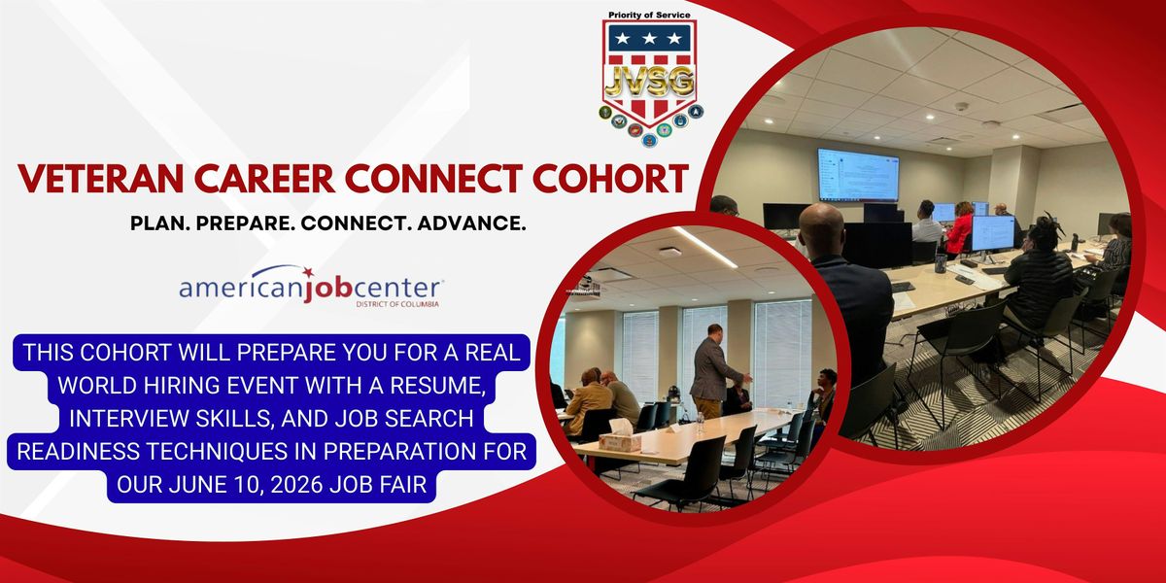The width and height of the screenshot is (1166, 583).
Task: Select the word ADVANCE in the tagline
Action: pos(471,223)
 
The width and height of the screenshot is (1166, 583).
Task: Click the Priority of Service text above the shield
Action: pos(649,16)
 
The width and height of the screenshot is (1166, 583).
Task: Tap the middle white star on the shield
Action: pos(649,38)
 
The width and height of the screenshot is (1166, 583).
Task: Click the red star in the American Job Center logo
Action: pos(308,272)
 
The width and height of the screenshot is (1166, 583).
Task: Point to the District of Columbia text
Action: pos(397,304)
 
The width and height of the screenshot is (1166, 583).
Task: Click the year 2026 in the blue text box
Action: pos(296,485)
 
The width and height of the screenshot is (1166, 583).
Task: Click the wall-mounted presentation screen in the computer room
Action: pos(858,175)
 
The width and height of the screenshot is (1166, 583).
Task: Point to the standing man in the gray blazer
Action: pos(712,370)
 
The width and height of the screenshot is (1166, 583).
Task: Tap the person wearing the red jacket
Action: pos(959,229)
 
